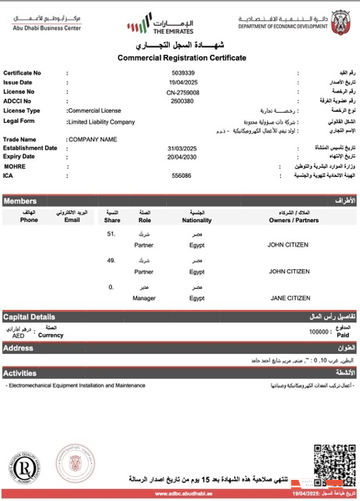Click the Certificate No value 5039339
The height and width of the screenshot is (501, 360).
[x=181, y=73]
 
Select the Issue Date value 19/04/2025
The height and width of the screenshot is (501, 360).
[x=181, y=82]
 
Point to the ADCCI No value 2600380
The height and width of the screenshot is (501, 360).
[x=182, y=101]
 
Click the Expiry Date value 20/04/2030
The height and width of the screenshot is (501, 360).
[x=180, y=157]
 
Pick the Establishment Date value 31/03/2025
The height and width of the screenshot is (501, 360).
[x=180, y=148]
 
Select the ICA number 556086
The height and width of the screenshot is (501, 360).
[x=181, y=175]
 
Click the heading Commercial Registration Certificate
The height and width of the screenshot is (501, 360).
[x=182, y=58]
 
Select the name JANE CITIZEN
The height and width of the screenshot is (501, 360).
[x=290, y=298]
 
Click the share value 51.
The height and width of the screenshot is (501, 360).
[x=111, y=234]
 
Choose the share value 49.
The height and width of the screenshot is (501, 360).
[x=111, y=261]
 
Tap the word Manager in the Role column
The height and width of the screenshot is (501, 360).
[x=144, y=298]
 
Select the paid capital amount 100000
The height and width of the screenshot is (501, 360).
[x=319, y=332]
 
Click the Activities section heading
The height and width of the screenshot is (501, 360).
[x=20, y=373]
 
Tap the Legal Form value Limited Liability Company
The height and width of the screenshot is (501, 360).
[x=101, y=122]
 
